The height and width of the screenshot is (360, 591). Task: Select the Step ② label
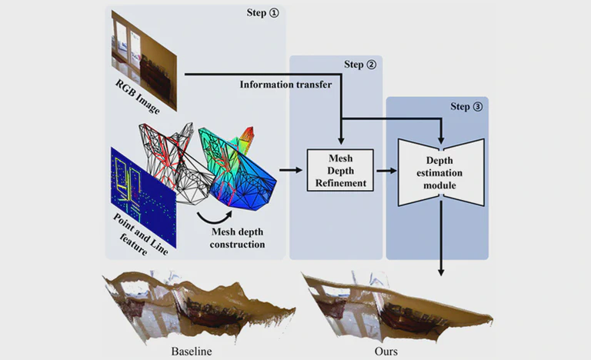pos(359,65)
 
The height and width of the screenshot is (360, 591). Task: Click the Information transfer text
pos(285,85)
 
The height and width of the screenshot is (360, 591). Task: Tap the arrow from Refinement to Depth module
pos(384,170)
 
